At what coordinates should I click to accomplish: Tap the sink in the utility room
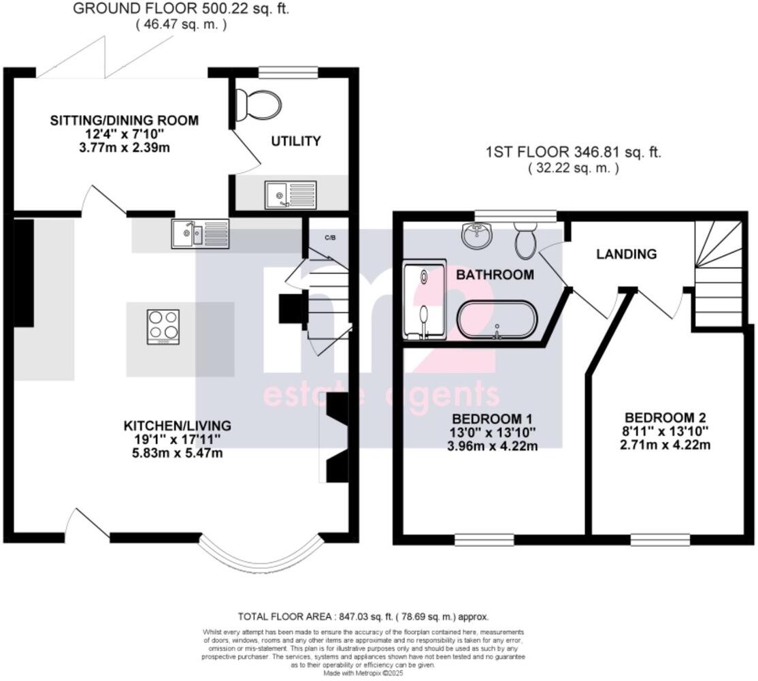pyautogui.click(x=291, y=195)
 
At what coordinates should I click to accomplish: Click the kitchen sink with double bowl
pyautogui.click(x=201, y=232)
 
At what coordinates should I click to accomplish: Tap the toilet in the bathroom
pyautogui.click(x=525, y=240)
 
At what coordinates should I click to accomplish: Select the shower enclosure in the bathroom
pyautogui.click(x=424, y=300)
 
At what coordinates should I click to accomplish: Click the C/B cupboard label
pyautogui.click(x=329, y=237)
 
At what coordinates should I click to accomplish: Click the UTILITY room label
pyautogui.click(x=296, y=141)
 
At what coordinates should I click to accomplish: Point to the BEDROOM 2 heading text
pyautogui.click(x=666, y=417)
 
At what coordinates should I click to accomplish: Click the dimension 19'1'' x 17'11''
pyautogui.click(x=177, y=439)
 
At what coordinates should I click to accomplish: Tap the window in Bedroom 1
pyautogui.click(x=484, y=540)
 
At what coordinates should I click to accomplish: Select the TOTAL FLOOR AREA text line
pyautogui.click(x=363, y=616)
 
